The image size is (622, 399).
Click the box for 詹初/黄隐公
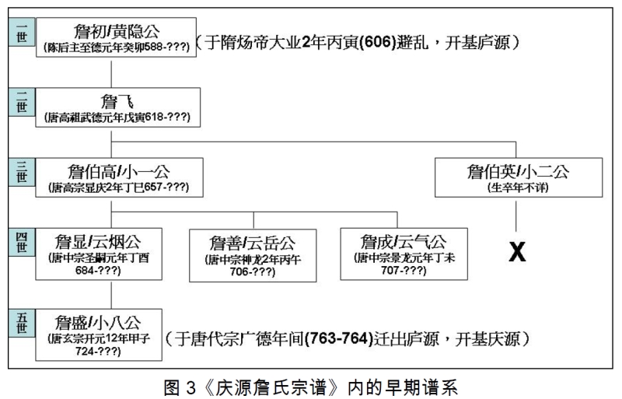[115, 38]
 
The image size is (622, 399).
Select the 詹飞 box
[114, 107]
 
